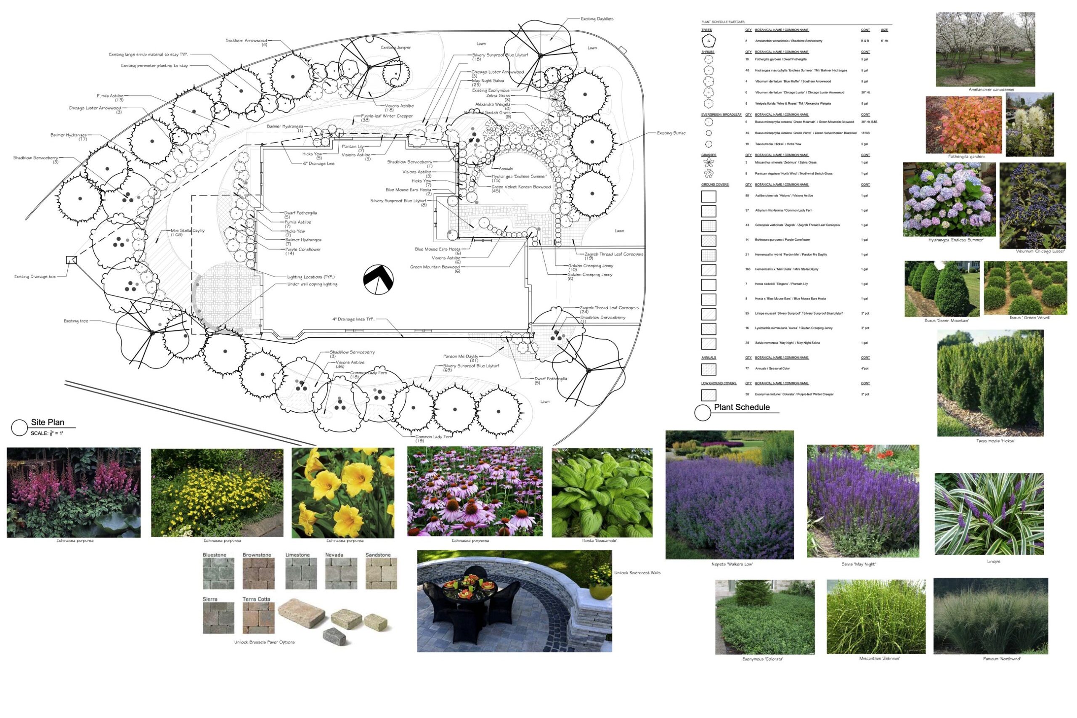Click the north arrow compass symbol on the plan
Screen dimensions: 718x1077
point(378,279)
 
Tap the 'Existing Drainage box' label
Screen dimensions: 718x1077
point(35,277)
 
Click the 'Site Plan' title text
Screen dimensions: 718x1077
point(47,422)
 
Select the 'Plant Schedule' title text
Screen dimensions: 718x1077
point(742,407)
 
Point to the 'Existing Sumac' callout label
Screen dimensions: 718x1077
point(671,133)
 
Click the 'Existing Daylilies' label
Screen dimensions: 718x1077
point(597,19)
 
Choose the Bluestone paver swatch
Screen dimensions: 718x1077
point(218,573)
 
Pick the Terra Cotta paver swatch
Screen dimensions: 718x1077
point(258,618)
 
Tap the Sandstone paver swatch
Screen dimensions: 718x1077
point(381,573)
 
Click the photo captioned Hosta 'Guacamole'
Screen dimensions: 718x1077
point(602,492)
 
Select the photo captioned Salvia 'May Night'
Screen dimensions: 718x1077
point(863,501)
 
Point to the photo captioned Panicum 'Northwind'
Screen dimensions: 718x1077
point(990,616)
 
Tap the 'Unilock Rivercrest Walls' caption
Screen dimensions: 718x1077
point(637,573)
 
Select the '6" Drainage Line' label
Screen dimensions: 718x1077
point(319,164)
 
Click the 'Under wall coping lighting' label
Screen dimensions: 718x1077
point(312,284)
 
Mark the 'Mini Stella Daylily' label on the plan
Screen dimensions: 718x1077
point(188,231)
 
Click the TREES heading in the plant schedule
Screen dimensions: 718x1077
point(706,30)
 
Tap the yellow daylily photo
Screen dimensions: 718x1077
point(342,493)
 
